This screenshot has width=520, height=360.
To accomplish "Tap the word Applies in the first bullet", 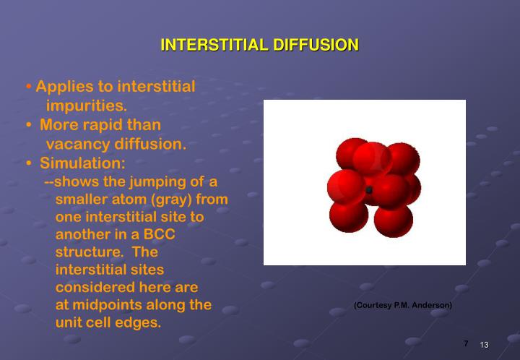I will [62, 87].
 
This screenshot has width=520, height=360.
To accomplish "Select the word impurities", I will [86, 106].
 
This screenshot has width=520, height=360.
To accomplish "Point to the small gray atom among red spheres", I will [369, 190].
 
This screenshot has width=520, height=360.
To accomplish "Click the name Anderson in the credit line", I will [432, 305].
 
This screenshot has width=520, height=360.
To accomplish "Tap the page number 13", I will [485, 345].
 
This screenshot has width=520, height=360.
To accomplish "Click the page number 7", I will [466, 343].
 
